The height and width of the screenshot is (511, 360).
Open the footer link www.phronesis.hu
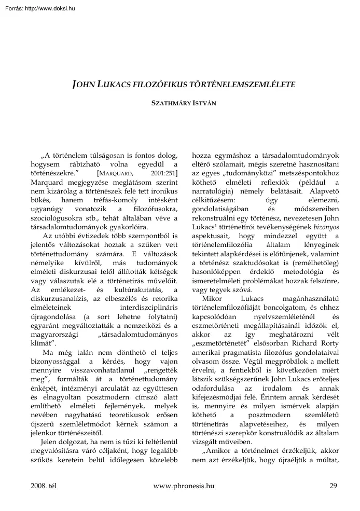click(x=184, y=486)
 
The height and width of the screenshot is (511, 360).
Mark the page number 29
click(x=333, y=486)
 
